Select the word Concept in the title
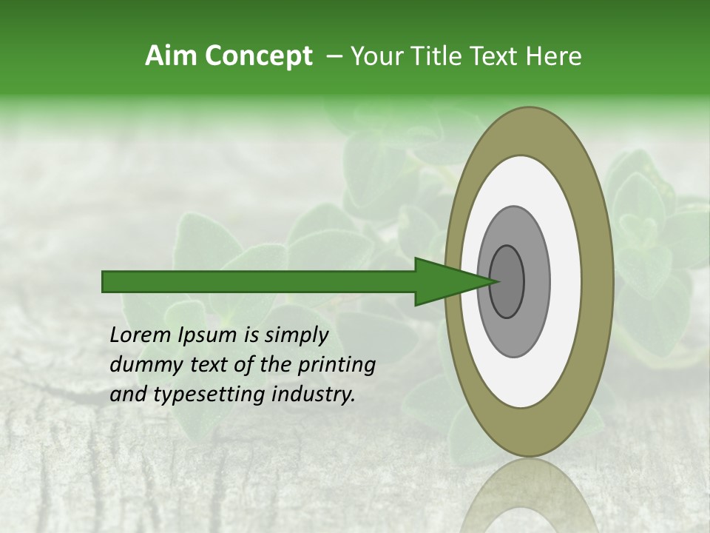(x=258, y=56)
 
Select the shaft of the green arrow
(x=259, y=281)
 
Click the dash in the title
(x=334, y=56)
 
